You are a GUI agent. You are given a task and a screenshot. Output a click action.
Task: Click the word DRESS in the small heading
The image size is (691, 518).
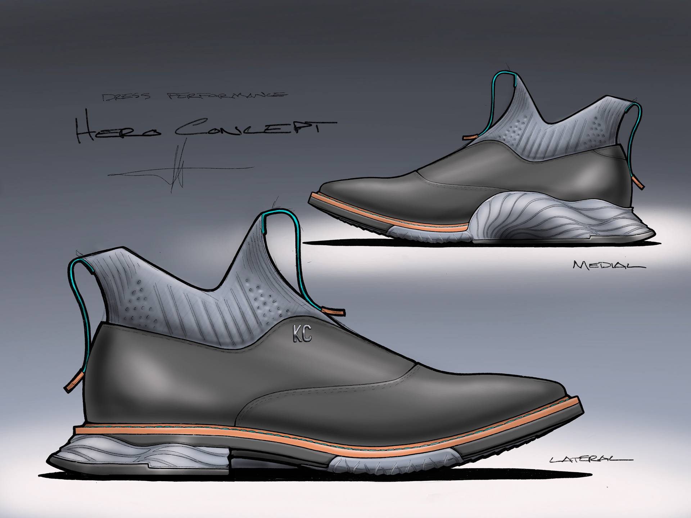pos(126,96)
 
